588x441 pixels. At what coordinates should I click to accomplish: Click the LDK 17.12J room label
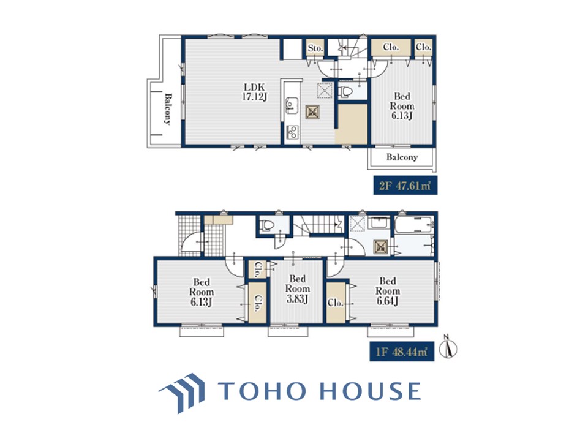pos(254,91)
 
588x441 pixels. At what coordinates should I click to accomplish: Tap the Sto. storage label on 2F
pos(315,48)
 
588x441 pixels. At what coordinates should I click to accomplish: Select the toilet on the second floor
pos(345,91)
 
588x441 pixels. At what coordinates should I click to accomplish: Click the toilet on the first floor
pos(267,225)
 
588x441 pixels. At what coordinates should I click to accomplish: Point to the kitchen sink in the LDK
pos(292,105)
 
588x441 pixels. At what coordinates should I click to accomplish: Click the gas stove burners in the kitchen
pos(292,132)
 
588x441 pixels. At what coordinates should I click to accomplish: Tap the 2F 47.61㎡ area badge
pos(405,185)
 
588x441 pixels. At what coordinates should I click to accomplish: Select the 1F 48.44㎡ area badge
pos(402,352)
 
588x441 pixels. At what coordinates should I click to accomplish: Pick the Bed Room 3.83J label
pos(298,288)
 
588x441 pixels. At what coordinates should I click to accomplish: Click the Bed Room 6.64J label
pos(388,291)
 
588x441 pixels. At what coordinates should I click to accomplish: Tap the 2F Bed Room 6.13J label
pos(402,106)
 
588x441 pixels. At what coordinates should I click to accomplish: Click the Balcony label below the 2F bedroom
pos(402,157)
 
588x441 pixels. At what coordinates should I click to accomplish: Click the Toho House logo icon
pos(183,393)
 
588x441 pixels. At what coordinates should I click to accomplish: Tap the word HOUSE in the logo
pos(369,391)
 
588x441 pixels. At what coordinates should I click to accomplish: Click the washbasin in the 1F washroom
pos(379,224)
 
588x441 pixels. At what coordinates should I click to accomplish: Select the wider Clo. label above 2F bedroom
pos(391,47)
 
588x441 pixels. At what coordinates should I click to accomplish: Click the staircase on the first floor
pos(318,224)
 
